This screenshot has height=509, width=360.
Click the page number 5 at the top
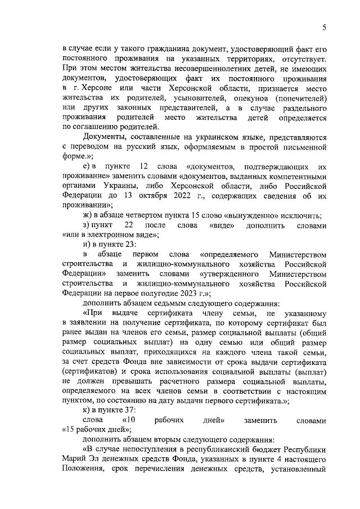325,28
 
